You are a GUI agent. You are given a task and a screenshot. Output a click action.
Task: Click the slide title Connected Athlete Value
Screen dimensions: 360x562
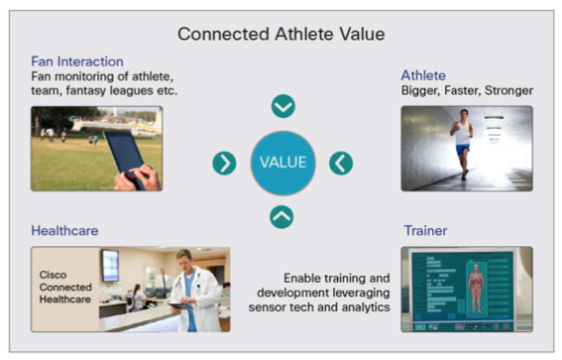pos(281,35)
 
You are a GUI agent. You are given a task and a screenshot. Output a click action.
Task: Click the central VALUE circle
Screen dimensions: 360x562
pos(282,163)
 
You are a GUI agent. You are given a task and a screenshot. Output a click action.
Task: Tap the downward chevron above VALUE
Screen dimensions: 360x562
pos(283,106)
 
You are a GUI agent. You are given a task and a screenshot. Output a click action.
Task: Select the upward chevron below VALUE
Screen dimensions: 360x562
pos(282,216)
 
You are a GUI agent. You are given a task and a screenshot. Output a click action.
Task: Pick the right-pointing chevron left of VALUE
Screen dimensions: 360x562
pos(225,163)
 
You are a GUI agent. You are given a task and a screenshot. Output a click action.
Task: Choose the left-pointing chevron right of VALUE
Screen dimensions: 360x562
pos(341,163)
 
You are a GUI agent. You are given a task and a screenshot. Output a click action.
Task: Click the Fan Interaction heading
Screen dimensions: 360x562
pos(77,60)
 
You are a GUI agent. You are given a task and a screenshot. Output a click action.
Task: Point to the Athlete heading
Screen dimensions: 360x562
pos(424,75)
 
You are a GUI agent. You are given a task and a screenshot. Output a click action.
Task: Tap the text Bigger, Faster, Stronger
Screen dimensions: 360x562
pos(467,91)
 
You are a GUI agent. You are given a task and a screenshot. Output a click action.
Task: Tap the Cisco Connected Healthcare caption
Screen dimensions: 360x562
pos(65,289)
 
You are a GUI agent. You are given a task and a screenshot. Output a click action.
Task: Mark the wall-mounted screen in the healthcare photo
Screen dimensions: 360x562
pos(109,265)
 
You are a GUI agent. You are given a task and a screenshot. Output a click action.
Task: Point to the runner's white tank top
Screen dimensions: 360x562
pos(462,134)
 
